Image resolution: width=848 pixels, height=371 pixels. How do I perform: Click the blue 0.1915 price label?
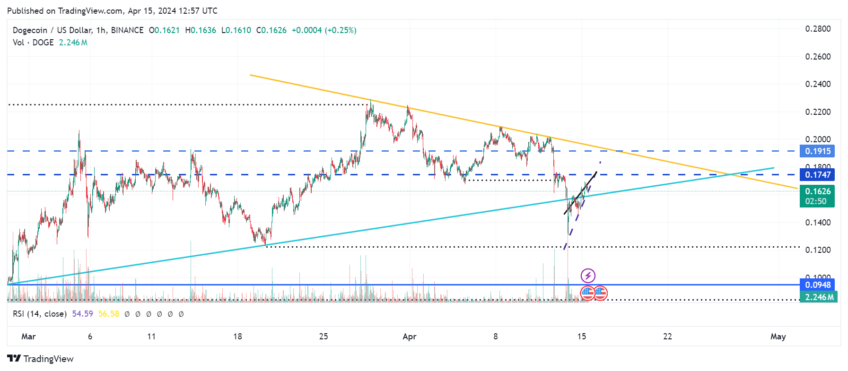pyautogui.click(x=818, y=151)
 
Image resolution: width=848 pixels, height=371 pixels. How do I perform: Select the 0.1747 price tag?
pyautogui.click(x=818, y=175)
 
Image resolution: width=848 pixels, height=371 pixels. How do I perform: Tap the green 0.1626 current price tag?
pyautogui.click(x=818, y=191)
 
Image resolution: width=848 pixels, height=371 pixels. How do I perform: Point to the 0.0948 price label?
pyautogui.click(x=818, y=285)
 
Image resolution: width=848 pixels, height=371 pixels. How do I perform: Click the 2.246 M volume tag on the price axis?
pyautogui.click(x=819, y=297)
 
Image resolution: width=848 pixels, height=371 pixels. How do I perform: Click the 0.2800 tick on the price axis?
pyautogui.click(x=818, y=29)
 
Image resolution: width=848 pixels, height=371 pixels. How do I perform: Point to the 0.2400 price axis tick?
pyautogui.click(x=818, y=84)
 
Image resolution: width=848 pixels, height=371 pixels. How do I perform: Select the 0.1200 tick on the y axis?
pyautogui.click(x=818, y=250)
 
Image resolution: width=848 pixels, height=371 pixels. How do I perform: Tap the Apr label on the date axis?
pyautogui.click(x=409, y=336)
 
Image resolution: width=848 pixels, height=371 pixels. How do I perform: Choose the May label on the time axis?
pyautogui.click(x=778, y=336)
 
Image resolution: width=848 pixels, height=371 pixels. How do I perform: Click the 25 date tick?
pyautogui.click(x=323, y=336)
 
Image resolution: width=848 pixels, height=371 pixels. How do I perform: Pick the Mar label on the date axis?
pyautogui.click(x=28, y=336)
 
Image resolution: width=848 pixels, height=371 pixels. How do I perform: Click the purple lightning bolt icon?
pyautogui.click(x=588, y=276)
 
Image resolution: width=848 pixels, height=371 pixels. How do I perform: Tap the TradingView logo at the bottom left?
pyautogui.click(x=41, y=359)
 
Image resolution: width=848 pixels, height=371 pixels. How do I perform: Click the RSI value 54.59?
pyautogui.click(x=82, y=314)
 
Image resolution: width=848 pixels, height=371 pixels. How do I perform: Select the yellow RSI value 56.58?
pyautogui.click(x=109, y=314)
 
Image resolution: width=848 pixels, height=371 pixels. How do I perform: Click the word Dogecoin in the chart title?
pyautogui.click(x=30, y=30)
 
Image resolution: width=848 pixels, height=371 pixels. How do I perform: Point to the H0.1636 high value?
pyautogui.click(x=201, y=30)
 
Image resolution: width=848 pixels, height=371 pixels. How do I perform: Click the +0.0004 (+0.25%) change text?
pyautogui.click(x=324, y=30)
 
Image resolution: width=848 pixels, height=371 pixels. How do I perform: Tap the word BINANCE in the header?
pyautogui.click(x=127, y=30)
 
